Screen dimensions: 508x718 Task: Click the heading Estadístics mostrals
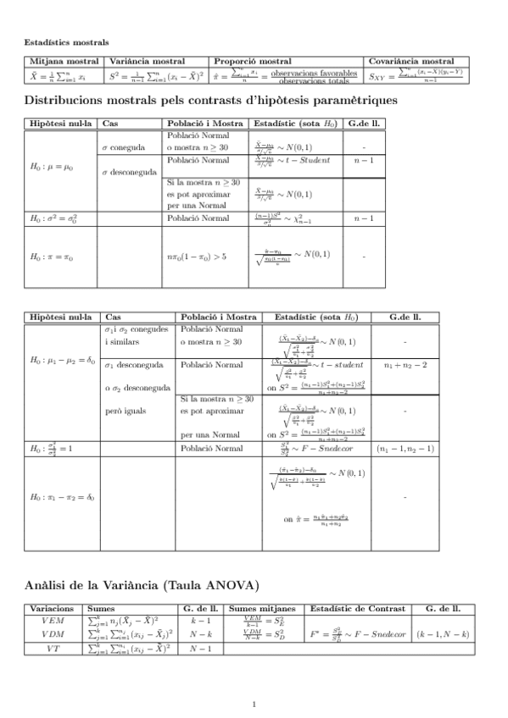(x=65, y=41)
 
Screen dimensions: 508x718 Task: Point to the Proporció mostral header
(x=253, y=62)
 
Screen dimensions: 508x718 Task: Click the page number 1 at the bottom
(x=254, y=704)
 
